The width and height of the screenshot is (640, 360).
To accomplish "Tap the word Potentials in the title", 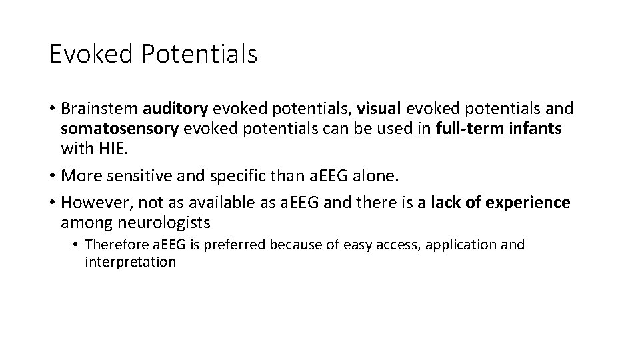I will click(x=198, y=54).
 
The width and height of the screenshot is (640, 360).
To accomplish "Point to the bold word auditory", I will click(x=176, y=109).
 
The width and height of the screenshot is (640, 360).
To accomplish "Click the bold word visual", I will click(x=380, y=108).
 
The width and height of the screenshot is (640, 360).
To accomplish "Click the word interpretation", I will click(x=131, y=262).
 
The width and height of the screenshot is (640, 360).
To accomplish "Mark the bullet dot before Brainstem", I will click(x=53, y=109).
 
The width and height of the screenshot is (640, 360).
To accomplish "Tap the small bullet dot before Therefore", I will click(x=78, y=245).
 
